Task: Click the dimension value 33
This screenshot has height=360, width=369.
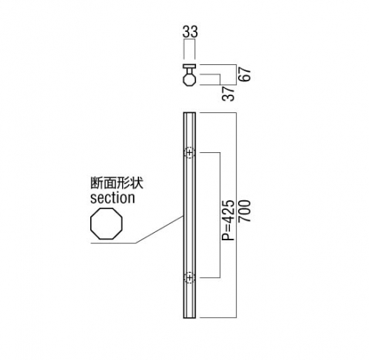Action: coord(190,32)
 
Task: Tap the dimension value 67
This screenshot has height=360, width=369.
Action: coord(244,74)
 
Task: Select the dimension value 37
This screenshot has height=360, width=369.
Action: coord(228,94)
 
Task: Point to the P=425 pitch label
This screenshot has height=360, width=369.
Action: coord(228,220)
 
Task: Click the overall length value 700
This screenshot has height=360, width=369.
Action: coord(244,211)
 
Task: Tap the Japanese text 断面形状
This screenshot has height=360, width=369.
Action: coord(117,183)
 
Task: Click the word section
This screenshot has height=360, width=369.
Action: coord(112,198)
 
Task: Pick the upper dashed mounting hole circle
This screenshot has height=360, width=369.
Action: coord(189,153)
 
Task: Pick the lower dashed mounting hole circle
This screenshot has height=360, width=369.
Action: coord(189,278)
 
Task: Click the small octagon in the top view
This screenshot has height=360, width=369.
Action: coord(189,80)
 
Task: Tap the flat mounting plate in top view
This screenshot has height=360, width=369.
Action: coord(189,67)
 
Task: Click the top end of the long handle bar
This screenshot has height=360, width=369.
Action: coord(189,113)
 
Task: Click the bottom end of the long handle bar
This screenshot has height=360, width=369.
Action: coord(189,317)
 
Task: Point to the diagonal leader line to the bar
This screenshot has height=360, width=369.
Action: coord(159,230)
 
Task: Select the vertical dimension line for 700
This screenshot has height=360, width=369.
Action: coord(237,215)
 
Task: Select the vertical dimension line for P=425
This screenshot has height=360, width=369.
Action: coord(220,215)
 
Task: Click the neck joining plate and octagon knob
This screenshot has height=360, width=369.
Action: coord(189,71)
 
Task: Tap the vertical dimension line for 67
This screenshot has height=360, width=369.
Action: coord(237,75)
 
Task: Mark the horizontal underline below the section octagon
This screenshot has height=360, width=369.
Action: coord(113,243)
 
